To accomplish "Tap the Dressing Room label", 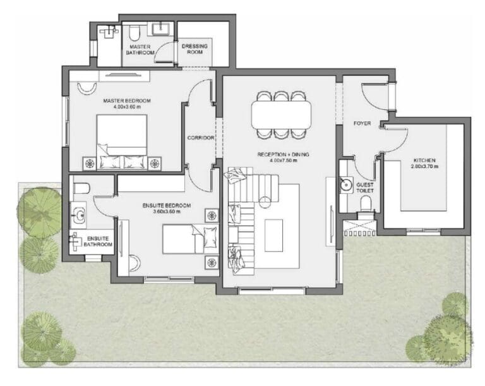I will (195, 49).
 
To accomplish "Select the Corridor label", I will (201, 138).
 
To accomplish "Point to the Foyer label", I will (362, 123).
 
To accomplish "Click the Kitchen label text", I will (425, 160).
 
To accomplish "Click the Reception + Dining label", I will (281, 154).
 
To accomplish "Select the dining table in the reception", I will (281, 115).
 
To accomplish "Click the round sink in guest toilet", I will (345, 185).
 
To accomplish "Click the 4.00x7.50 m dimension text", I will (281, 161).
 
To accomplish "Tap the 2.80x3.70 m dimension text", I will (425, 167).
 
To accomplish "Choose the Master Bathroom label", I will (140, 50).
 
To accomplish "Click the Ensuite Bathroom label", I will (99, 241).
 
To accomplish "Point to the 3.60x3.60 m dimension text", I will (166, 212).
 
